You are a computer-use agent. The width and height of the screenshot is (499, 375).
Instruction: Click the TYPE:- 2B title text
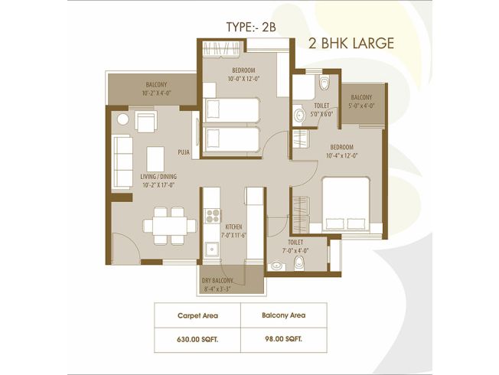[x=251, y=27]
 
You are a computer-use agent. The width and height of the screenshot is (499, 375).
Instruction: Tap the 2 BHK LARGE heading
[x=351, y=44]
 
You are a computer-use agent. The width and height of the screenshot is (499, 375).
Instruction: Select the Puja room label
[x=184, y=152]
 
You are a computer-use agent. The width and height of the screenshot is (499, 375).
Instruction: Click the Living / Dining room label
[x=158, y=177]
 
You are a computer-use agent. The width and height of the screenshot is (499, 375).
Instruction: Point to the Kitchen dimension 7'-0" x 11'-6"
[x=234, y=236]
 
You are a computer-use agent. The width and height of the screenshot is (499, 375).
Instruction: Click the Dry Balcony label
[x=217, y=281]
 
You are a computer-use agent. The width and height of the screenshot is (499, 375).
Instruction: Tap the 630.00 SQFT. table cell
[x=197, y=340]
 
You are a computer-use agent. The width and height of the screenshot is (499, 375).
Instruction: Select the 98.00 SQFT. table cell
[x=283, y=339]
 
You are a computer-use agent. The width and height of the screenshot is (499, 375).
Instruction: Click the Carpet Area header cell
[x=197, y=315]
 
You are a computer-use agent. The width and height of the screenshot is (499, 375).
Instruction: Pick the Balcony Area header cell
[x=283, y=315]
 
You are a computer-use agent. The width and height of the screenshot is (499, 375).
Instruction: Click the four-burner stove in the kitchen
[x=213, y=216]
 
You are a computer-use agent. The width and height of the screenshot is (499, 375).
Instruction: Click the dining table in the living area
[x=170, y=226]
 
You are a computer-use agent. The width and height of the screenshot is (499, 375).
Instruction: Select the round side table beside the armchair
[x=122, y=119]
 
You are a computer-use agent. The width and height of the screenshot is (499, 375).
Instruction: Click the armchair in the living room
[x=146, y=121]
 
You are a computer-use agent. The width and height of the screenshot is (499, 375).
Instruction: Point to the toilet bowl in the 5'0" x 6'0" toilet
[x=325, y=83]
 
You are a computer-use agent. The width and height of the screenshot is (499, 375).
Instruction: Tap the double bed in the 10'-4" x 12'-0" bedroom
[x=346, y=204]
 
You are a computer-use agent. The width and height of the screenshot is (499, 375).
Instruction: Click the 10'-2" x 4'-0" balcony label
[x=157, y=89]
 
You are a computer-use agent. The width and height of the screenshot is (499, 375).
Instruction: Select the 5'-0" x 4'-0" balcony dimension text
[x=361, y=106]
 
